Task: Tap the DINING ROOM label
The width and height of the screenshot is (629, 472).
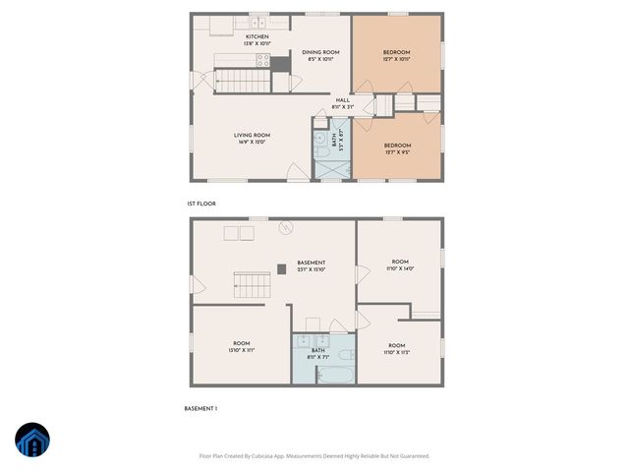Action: point(320,55)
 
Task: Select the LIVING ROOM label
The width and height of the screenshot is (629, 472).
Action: point(252,138)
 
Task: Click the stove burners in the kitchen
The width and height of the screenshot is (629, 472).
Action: point(263,59)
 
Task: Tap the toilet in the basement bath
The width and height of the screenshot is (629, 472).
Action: point(345,353)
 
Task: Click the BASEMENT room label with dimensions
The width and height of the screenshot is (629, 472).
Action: point(311,265)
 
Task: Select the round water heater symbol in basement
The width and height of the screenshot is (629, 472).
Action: point(287,228)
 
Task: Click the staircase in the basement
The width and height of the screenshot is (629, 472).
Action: point(253,286)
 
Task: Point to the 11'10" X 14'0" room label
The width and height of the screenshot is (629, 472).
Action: point(398,265)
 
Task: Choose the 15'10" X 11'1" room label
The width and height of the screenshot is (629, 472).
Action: point(242,346)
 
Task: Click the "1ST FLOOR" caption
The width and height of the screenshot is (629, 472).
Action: point(201,204)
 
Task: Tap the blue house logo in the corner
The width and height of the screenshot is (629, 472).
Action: point(31,442)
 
